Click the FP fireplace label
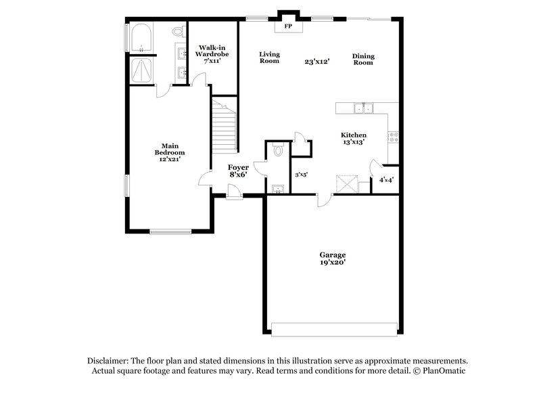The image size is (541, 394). click(288, 26)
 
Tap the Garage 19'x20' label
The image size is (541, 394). click(333, 258)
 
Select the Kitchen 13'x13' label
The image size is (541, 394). click(353, 138)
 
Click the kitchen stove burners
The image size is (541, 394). click(392, 136)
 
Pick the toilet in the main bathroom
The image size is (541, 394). click(178, 31)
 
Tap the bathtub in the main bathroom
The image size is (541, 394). click(141, 38)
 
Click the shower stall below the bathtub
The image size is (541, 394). click(141, 69)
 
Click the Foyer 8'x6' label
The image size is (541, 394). click(238, 171)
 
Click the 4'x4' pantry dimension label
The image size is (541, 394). click(387, 180)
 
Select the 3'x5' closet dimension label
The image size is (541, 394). click(302, 175)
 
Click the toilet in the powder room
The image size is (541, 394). click(278, 152)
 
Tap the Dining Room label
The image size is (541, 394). click(363, 59)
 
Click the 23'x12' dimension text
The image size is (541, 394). click(316, 61)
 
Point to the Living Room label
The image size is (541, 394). click(269, 57)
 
